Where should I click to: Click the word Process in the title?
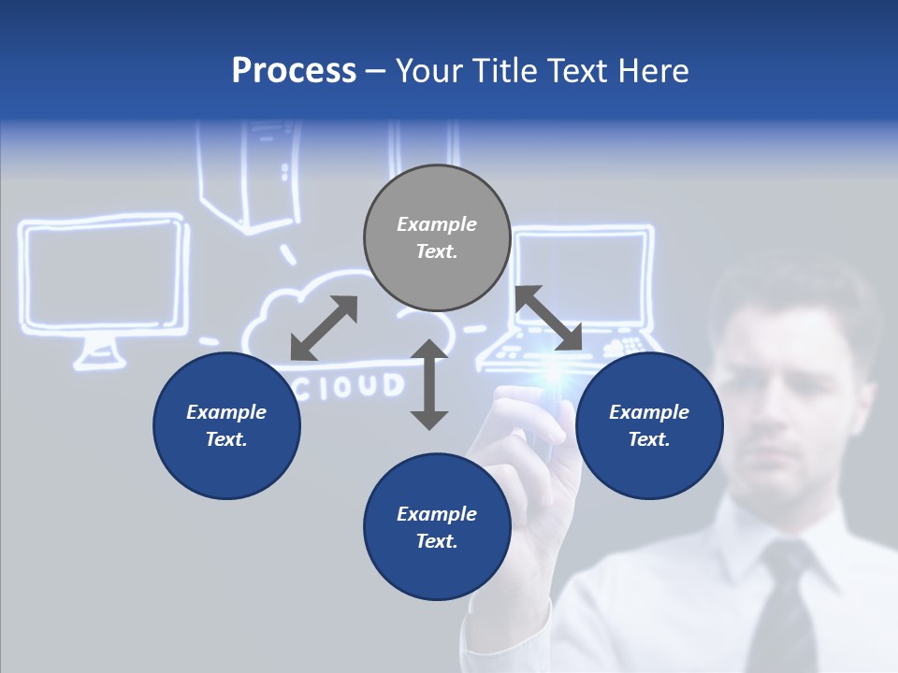pyautogui.click(x=294, y=71)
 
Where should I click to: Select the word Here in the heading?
pyautogui.click(x=651, y=71)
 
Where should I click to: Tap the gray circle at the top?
pyautogui.click(x=437, y=237)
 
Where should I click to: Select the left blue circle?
pyautogui.click(x=226, y=425)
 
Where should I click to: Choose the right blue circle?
pyautogui.click(x=649, y=425)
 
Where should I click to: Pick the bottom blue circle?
pyautogui.click(x=437, y=527)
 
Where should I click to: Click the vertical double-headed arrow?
pyautogui.click(x=429, y=384)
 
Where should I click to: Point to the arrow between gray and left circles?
pyautogui.click(x=324, y=328)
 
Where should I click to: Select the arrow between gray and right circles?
pyautogui.click(x=548, y=318)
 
